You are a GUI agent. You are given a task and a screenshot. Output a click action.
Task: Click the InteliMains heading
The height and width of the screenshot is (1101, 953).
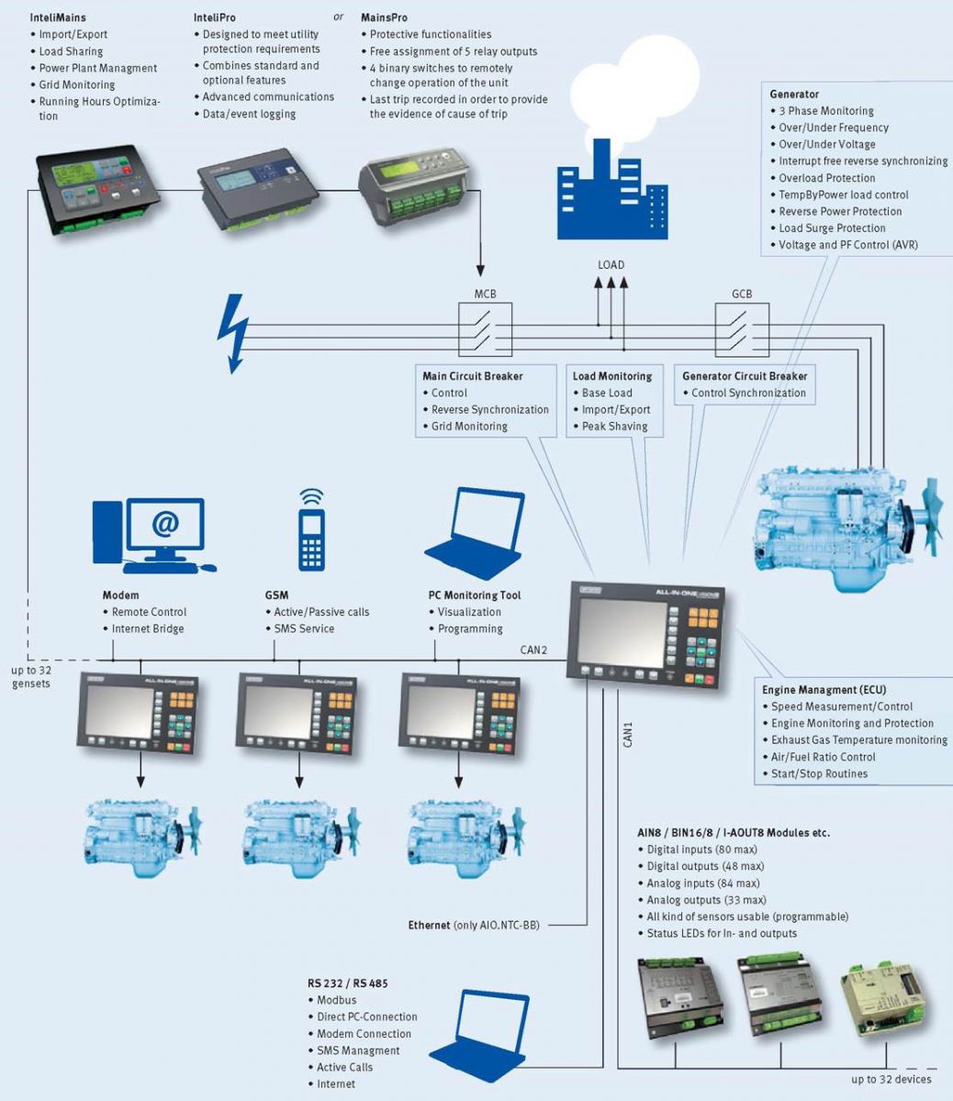pos(58,17)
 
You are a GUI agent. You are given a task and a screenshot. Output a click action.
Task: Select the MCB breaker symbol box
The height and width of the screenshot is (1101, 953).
pos(485,328)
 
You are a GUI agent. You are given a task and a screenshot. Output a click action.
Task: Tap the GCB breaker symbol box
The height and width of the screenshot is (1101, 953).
pos(742,328)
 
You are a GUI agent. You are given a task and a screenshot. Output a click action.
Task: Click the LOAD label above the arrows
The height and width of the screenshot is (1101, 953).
pos(611,265)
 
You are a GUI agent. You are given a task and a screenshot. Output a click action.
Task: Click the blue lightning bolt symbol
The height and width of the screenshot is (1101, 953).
pos(233,332)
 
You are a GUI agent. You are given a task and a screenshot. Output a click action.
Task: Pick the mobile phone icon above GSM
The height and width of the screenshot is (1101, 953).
pos(311,530)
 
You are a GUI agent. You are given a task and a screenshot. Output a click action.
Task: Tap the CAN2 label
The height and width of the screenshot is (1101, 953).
pos(533,651)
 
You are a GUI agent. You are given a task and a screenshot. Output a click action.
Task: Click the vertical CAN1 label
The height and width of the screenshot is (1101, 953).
pos(629,735)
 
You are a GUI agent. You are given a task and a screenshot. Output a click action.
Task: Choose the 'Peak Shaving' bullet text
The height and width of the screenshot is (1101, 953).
pos(614,427)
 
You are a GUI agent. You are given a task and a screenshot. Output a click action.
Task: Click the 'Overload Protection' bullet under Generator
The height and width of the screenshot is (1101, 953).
pos(826,178)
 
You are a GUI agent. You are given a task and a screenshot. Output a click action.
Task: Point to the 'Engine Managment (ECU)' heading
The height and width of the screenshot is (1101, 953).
pos(824,690)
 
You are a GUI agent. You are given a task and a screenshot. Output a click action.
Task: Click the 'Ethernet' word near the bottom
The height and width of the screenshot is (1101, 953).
pos(429,926)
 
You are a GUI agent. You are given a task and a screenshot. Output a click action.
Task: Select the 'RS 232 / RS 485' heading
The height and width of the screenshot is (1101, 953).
pos(347,984)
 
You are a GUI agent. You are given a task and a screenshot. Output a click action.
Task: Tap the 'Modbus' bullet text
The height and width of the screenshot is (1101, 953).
pos(336,1000)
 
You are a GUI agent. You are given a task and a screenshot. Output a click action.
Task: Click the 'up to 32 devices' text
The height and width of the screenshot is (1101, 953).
pos(891,1079)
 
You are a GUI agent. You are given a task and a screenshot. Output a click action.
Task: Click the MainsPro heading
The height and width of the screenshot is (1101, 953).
pos(384,17)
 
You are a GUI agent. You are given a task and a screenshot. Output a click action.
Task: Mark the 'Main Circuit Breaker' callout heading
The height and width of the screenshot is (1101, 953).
pos(472,376)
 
